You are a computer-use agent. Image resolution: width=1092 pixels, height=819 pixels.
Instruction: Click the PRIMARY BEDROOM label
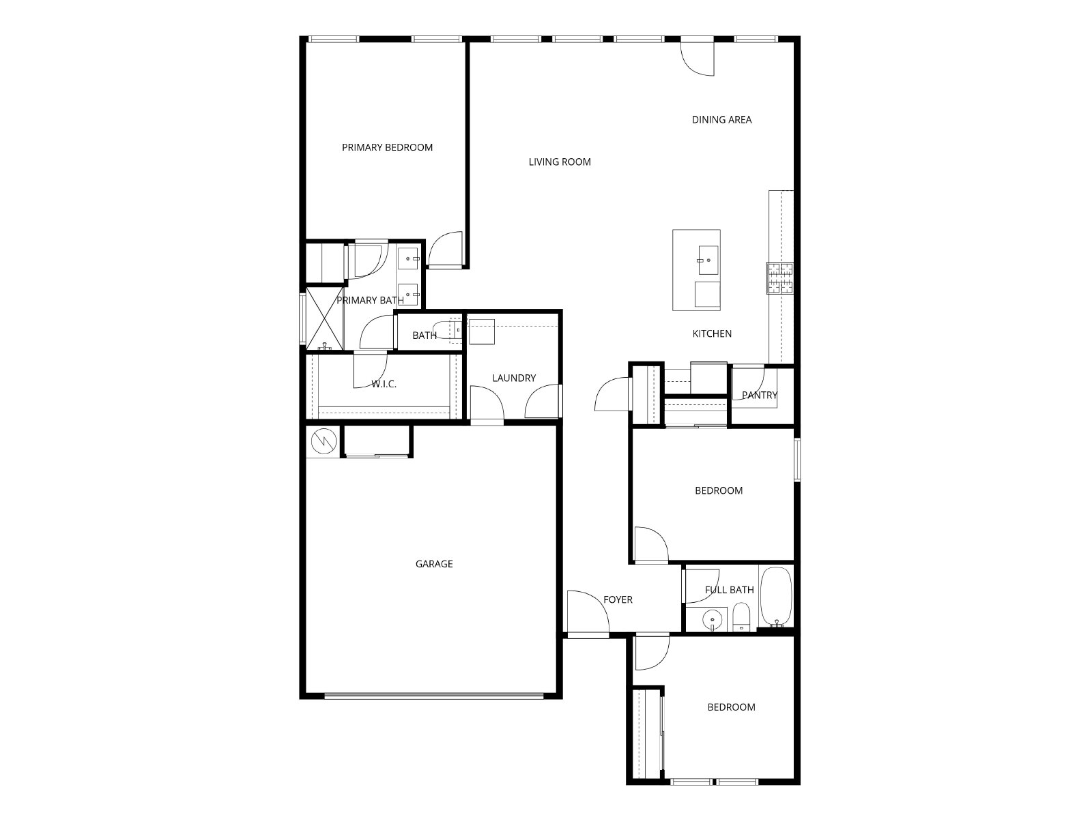(x=387, y=147)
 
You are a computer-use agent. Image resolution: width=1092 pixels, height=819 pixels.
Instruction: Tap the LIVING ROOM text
(x=560, y=162)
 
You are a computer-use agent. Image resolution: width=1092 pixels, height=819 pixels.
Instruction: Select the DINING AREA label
(x=722, y=120)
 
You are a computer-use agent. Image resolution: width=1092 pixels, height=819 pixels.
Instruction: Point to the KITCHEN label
(x=712, y=334)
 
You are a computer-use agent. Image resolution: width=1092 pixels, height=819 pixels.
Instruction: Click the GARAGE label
(x=434, y=564)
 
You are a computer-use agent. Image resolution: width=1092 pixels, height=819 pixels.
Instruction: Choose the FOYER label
(x=618, y=600)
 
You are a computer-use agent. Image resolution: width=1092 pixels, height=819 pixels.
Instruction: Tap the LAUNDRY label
(x=514, y=378)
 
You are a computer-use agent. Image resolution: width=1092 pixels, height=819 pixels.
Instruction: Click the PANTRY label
(x=759, y=395)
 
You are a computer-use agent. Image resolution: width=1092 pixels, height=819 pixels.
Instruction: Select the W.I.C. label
(x=384, y=384)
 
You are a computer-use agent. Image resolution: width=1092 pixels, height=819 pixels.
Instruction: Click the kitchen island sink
(x=708, y=260)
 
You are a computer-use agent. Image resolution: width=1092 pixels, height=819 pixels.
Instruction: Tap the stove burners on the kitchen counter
(x=780, y=278)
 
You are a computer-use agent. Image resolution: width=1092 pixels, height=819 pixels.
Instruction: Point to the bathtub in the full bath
(x=776, y=597)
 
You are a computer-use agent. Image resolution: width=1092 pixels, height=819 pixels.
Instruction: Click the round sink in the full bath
(x=713, y=620)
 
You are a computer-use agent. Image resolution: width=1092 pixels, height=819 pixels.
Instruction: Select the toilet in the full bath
(x=741, y=617)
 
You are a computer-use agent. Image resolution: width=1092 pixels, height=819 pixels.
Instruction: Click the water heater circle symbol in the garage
(x=324, y=441)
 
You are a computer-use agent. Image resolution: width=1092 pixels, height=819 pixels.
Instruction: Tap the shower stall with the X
(x=324, y=318)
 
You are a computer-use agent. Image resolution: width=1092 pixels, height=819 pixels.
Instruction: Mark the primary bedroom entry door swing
(x=446, y=250)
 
